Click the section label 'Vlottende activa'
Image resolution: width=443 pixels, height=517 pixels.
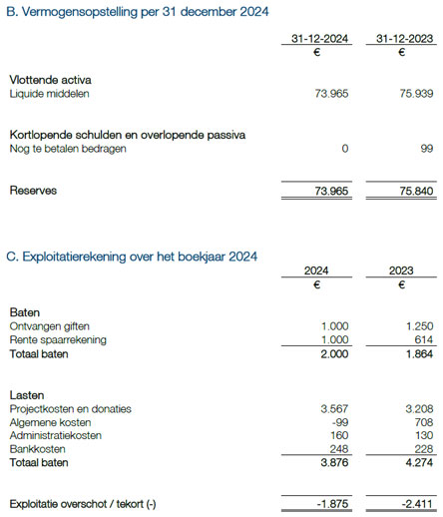click(51, 79)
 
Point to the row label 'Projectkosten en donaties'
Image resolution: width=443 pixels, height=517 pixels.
click(70, 409)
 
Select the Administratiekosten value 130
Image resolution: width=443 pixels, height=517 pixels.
click(423, 436)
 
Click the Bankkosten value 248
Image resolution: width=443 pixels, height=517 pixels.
click(338, 450)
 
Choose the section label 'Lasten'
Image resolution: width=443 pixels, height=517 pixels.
click(28, 395)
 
